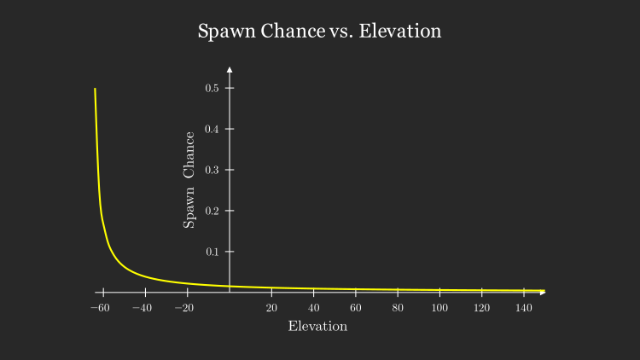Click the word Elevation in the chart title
tap(400, 32)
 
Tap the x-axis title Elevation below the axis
tap(317, 327)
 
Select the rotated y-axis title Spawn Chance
tap(189, 179)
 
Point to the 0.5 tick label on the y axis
tap(212, 88)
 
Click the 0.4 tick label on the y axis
tap(212, 129)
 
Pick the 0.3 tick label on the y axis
tap(212, 170)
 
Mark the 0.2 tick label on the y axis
tap(212, 211)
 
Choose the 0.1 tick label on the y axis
tap(212, 252)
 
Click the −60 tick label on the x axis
tap(100, 308)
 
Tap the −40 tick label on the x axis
tap(142, 308)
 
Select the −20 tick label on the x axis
tap(183, 308)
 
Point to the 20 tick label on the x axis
tap(271, 308)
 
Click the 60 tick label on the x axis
tap(356, 308)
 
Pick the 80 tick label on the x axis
tap(398, 308)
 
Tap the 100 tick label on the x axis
tap(439, 308)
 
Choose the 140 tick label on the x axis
tap(523, 308)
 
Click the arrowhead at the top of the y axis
tap(230, 68)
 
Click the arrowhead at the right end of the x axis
tap(543, 293)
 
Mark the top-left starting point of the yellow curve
tap(95, 89)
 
